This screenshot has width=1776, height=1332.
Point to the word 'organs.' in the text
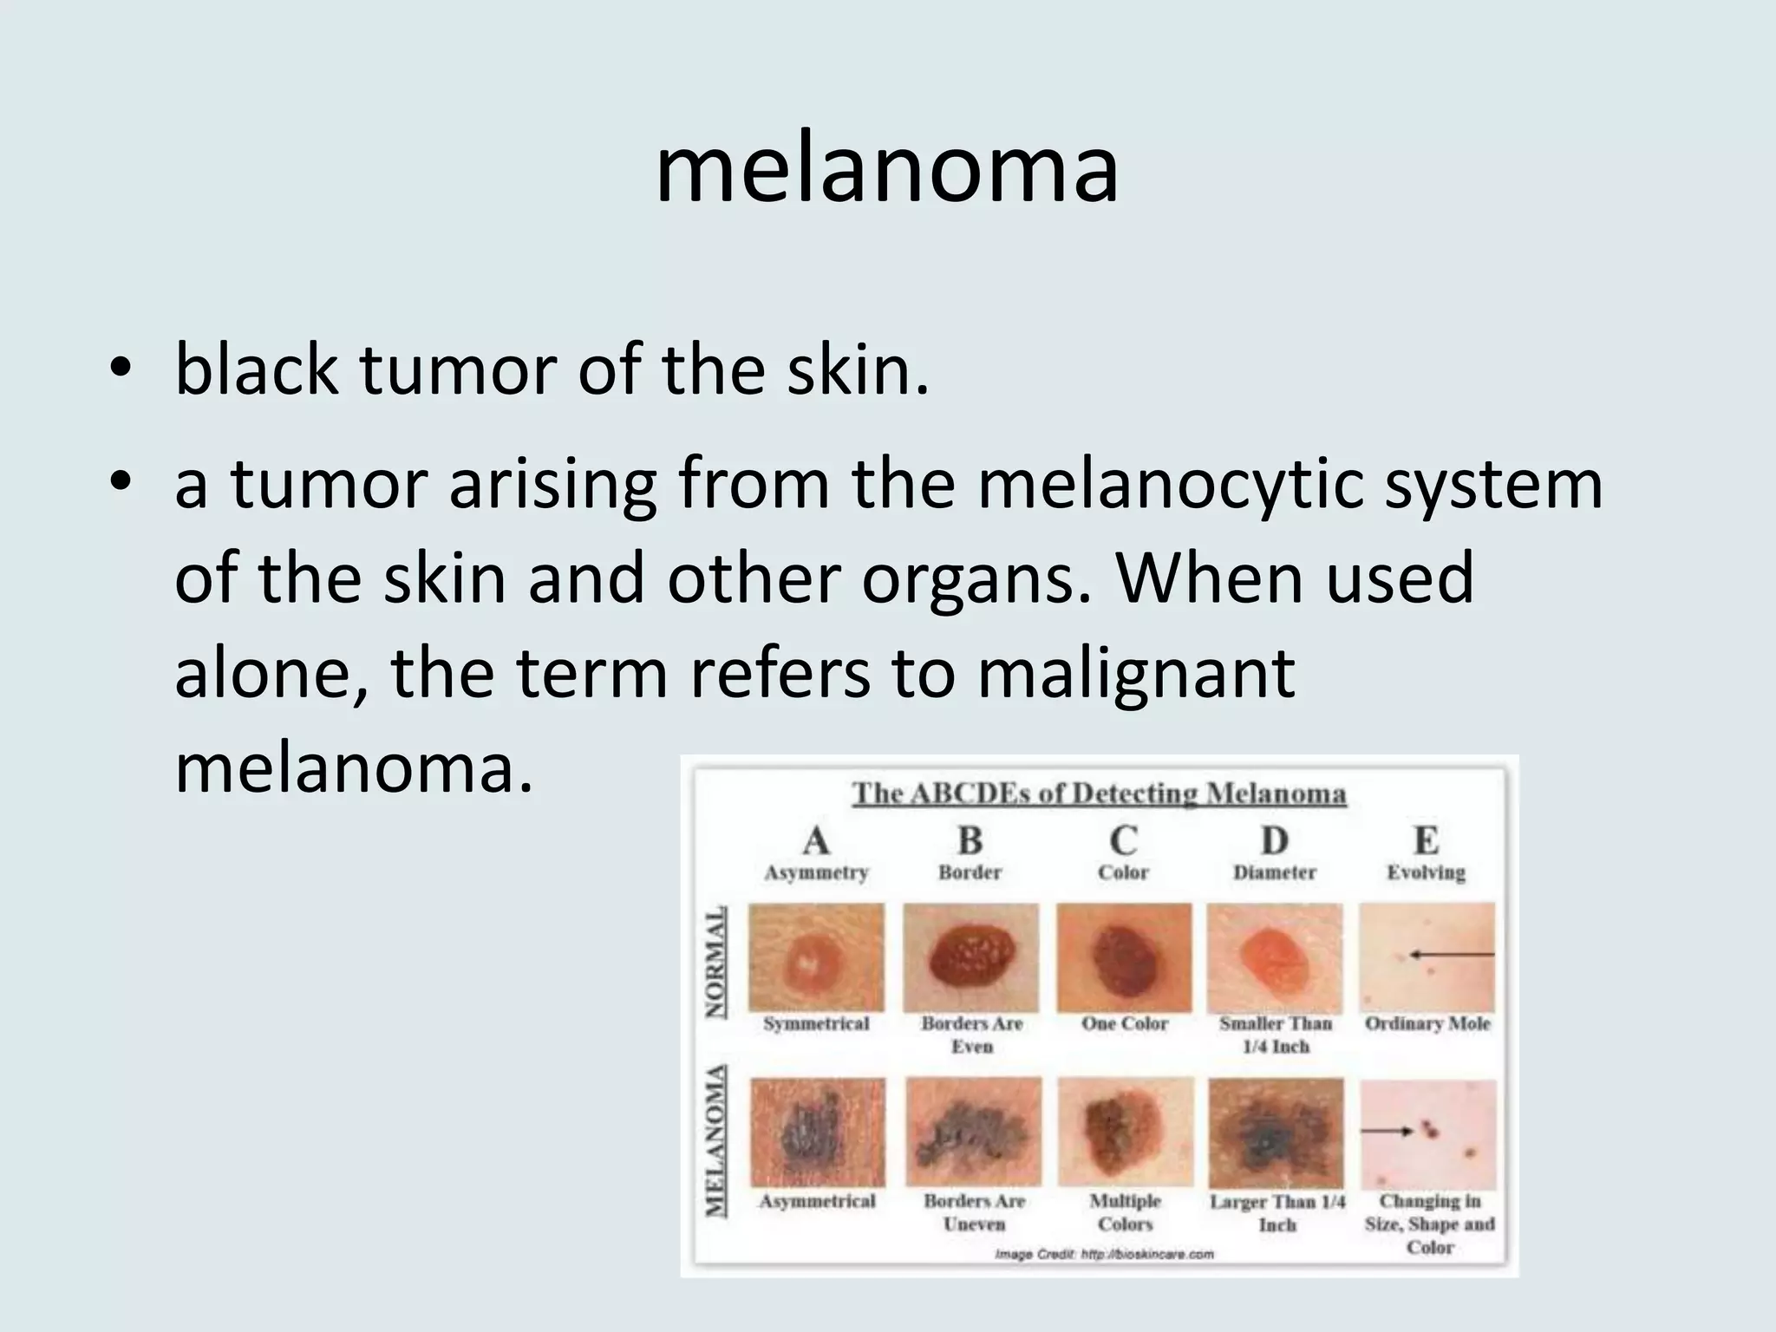(x=976, y=578)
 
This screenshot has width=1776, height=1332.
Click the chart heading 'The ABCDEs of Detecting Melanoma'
(x=1099, y=793)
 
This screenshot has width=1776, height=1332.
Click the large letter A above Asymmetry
(x=816, y=841)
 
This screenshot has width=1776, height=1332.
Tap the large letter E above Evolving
(x=1426, y=841)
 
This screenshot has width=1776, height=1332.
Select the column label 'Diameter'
(x=1274, y=872)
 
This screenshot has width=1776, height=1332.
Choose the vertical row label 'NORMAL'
(x=715, y=963)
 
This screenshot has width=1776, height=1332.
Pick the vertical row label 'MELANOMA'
(x=715, y=1140)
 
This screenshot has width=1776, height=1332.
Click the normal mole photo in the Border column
(x=971, y=957)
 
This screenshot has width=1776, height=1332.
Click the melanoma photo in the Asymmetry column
(x=818, y=1133)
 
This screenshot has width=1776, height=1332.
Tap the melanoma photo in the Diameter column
(x=1276, y=1133)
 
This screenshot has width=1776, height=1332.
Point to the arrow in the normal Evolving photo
(x=1453, y=955)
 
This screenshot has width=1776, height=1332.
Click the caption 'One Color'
(x=1124, y=1024)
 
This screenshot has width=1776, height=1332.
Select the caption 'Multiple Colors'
(x=1125, y=1212)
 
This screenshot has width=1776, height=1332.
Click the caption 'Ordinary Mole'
(x=1427, y=1024)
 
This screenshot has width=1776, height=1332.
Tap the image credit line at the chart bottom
(x=1104, y=1254)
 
